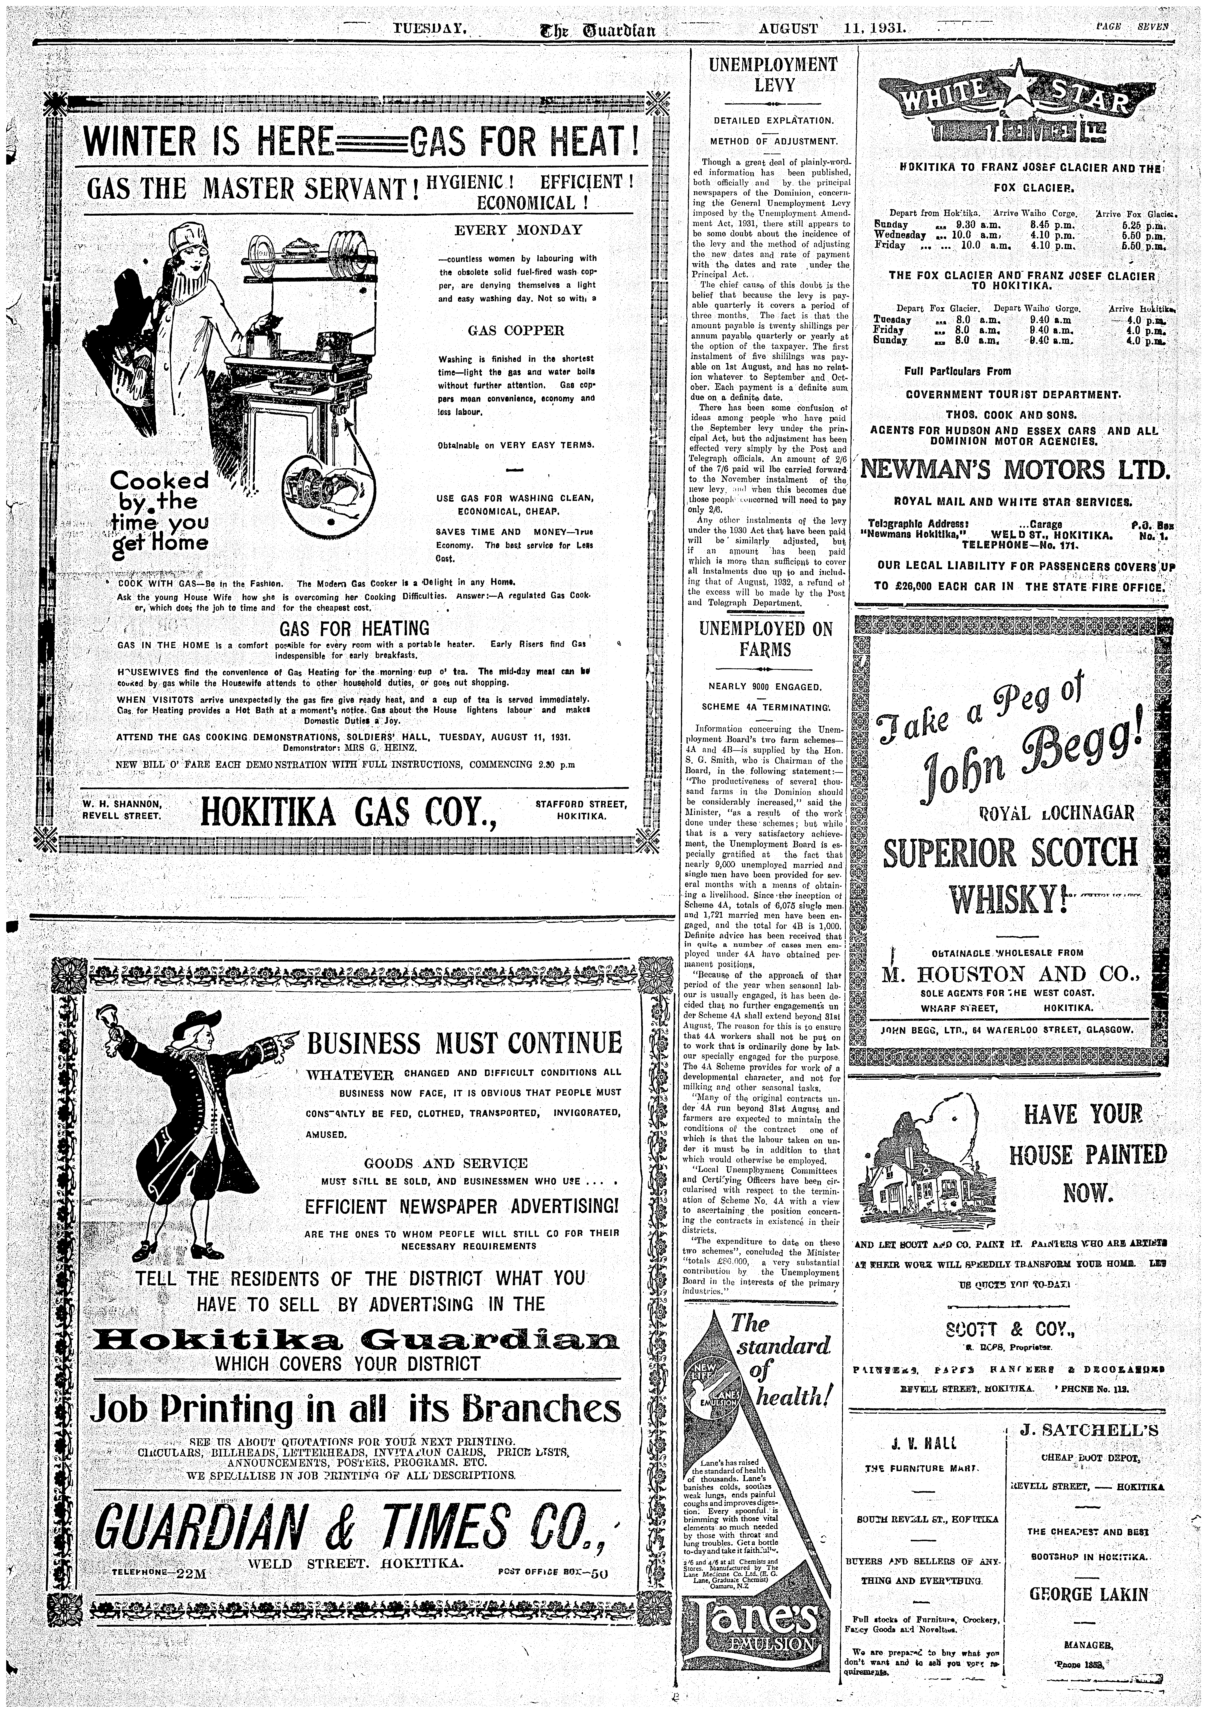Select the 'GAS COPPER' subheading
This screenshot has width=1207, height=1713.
515,330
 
